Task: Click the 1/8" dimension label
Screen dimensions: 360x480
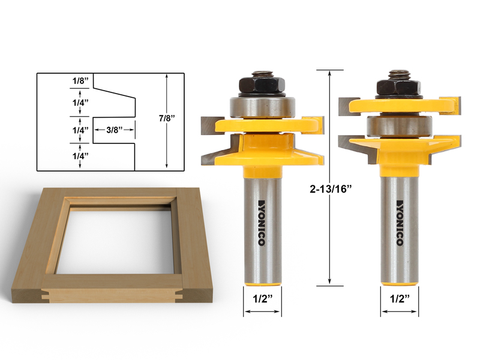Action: tap(79, 80)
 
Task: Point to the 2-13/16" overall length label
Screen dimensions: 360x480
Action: tap(329, 188)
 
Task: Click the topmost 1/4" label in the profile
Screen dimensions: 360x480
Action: tap(79, 103)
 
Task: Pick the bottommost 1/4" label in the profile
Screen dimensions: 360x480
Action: tap(79, 155)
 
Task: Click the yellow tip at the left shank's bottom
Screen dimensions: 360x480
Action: tap(262, 279)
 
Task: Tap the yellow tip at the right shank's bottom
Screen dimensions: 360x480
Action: tap(399, 279)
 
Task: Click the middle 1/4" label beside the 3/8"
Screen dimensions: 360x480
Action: tap(79, 130)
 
